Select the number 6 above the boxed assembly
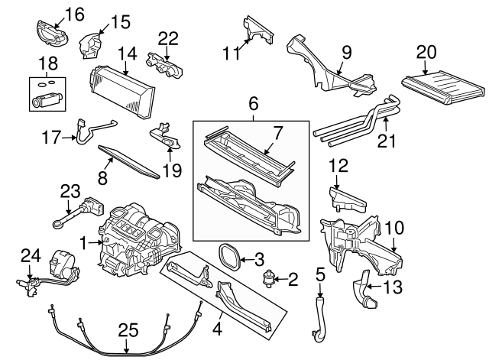(254, 102)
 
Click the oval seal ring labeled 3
(228, 255)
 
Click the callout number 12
(338, 164)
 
